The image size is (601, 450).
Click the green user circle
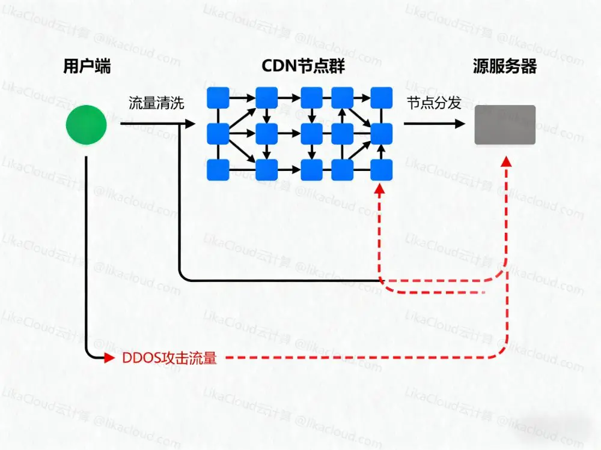click(x=86, y=125)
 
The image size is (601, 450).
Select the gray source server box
click(x=505, y=125)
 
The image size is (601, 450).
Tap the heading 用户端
click(x=87, y=67)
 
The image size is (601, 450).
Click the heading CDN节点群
click(x=304, y=67)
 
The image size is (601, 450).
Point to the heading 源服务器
click(x=505, y=67)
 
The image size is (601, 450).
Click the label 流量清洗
click(x=156, y=103)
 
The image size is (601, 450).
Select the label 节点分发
click(x=434, y=103)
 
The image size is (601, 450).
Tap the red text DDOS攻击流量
click(x=169, y=359)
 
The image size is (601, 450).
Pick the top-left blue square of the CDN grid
click(x=218, y=98)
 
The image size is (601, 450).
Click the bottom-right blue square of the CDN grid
click(x=381, y=170)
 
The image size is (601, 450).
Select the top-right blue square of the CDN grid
click(x=381, y=98)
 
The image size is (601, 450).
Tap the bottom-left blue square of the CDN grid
click(x=218, y=170)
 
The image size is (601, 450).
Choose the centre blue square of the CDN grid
click(x=311, y=134)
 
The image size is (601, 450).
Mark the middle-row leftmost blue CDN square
click(x=218, y=134)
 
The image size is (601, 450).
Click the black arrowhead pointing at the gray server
click(x=460, y=124)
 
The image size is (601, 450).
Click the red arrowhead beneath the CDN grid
click(x=379, y=190)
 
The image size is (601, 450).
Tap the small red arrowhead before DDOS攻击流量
click(x=109, y=359)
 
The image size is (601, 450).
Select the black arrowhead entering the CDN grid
click(x=191, y=124)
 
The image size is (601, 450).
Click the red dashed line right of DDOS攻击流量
click(x=361, y=358)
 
